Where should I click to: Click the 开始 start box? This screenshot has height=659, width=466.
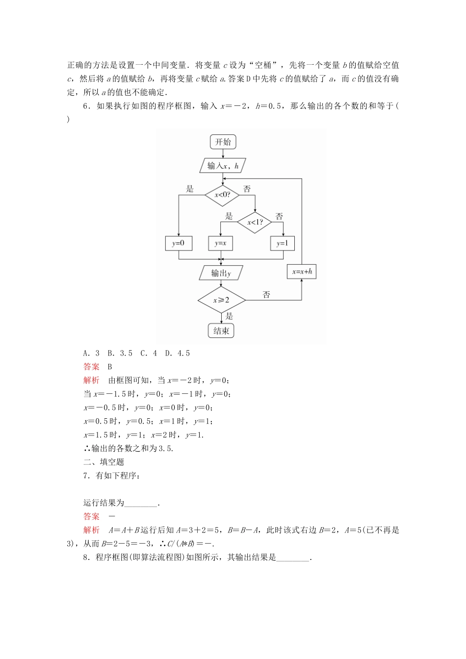pyautogui.click(x=223, y=142)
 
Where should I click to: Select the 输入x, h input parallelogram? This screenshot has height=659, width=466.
pyautogui.click(x=223, y=166)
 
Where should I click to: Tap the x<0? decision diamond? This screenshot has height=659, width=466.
pyautogui.click(x=222, y=195)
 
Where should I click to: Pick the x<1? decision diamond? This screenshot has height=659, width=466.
pyautogui.click(x=255, y=223)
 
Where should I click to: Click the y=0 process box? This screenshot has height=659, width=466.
pyautogui.click(x=178, y=243)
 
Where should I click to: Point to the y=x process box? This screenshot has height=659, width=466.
pyautogui.click(x=221, y=243)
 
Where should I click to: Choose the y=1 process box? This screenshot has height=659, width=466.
pyautogui.click(x=283, y=243)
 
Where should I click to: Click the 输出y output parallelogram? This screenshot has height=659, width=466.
pyautogui.click(x=221, y=273)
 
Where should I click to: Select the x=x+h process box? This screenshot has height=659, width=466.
pyautogui.click(x=301, y=272)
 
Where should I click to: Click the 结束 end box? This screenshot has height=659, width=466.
pyautogui.click(x=221, y=331)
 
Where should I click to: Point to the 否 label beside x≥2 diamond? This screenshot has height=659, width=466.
pyautogui.click(x=266, y=295)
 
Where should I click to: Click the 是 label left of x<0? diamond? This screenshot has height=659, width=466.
pyautogui.click(x=190, y=189)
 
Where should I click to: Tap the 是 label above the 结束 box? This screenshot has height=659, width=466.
pyautogui.click(x=229, y=316)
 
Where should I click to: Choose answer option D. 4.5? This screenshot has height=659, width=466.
pyautogui.click(x=178, y=354)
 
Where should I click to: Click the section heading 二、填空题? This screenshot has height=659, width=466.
pyautogui.click(x=104, y=462)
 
